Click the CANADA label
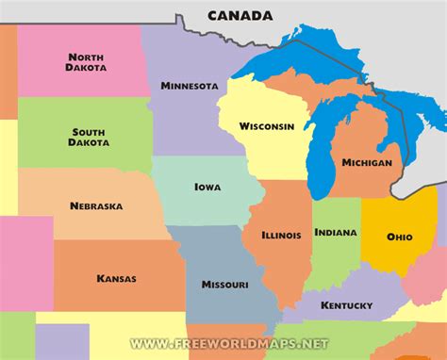coord(240,15)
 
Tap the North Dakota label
coord(86,61)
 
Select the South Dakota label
coord(89,137)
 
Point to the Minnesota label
coord(190,86)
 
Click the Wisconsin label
coord(266,125)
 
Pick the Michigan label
coord(367,163)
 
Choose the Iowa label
coord(207,187)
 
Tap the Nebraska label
coord(95,205)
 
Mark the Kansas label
coord(116,278)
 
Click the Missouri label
coord(224,284)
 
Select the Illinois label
coord(282,234)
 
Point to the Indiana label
coord(335,232)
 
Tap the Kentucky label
coord(346,305)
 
